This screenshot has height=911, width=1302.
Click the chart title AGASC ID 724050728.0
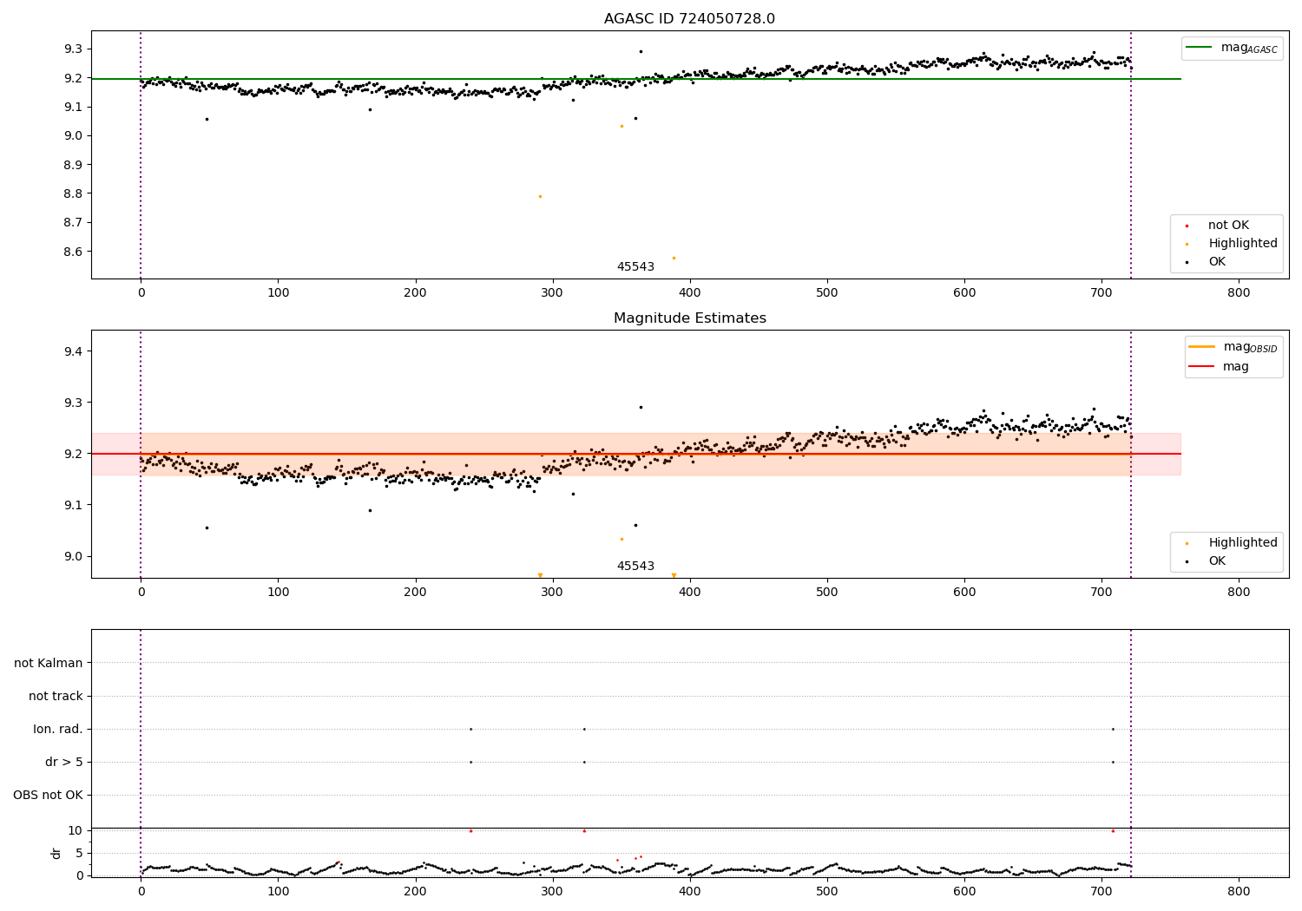pyautogui.click(x=689, y=19)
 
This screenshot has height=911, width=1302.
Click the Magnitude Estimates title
pyautogui.click(x=689, y=318)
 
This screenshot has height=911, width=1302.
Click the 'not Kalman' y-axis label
pyautogui.click(x=49, y=663)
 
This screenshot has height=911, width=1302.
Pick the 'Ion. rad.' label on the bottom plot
pyautogui.click(x=58, y=729)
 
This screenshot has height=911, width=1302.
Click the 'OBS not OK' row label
pyautogui.click(x=48, y=795)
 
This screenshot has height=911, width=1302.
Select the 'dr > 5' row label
pyautogui.click(x=64, y=762)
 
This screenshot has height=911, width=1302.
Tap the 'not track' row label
pyautogui.click(x=56, y=696)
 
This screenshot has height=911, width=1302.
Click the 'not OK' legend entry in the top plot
pyautogui.click(x=1228, y=226)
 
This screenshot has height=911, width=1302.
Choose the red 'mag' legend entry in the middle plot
pyautogui.click(x=1235, y=367)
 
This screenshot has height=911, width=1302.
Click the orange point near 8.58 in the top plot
pyautogui.click(x=674, y=258)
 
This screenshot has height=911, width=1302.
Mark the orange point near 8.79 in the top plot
pyautogui.click(x=540, y=196)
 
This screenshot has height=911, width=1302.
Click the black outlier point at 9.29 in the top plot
pyautogui.click(x=641, y=51)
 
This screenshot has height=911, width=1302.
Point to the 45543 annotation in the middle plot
pyautogui.click(x=635, y=567)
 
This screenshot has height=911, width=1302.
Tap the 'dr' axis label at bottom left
pyautogui.click(x=56, y=853)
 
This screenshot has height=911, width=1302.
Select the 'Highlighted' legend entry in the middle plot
pyautogui.click(x=1242, y=543)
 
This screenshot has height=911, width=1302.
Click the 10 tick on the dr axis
pyautogui.click(x=75, y=830)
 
